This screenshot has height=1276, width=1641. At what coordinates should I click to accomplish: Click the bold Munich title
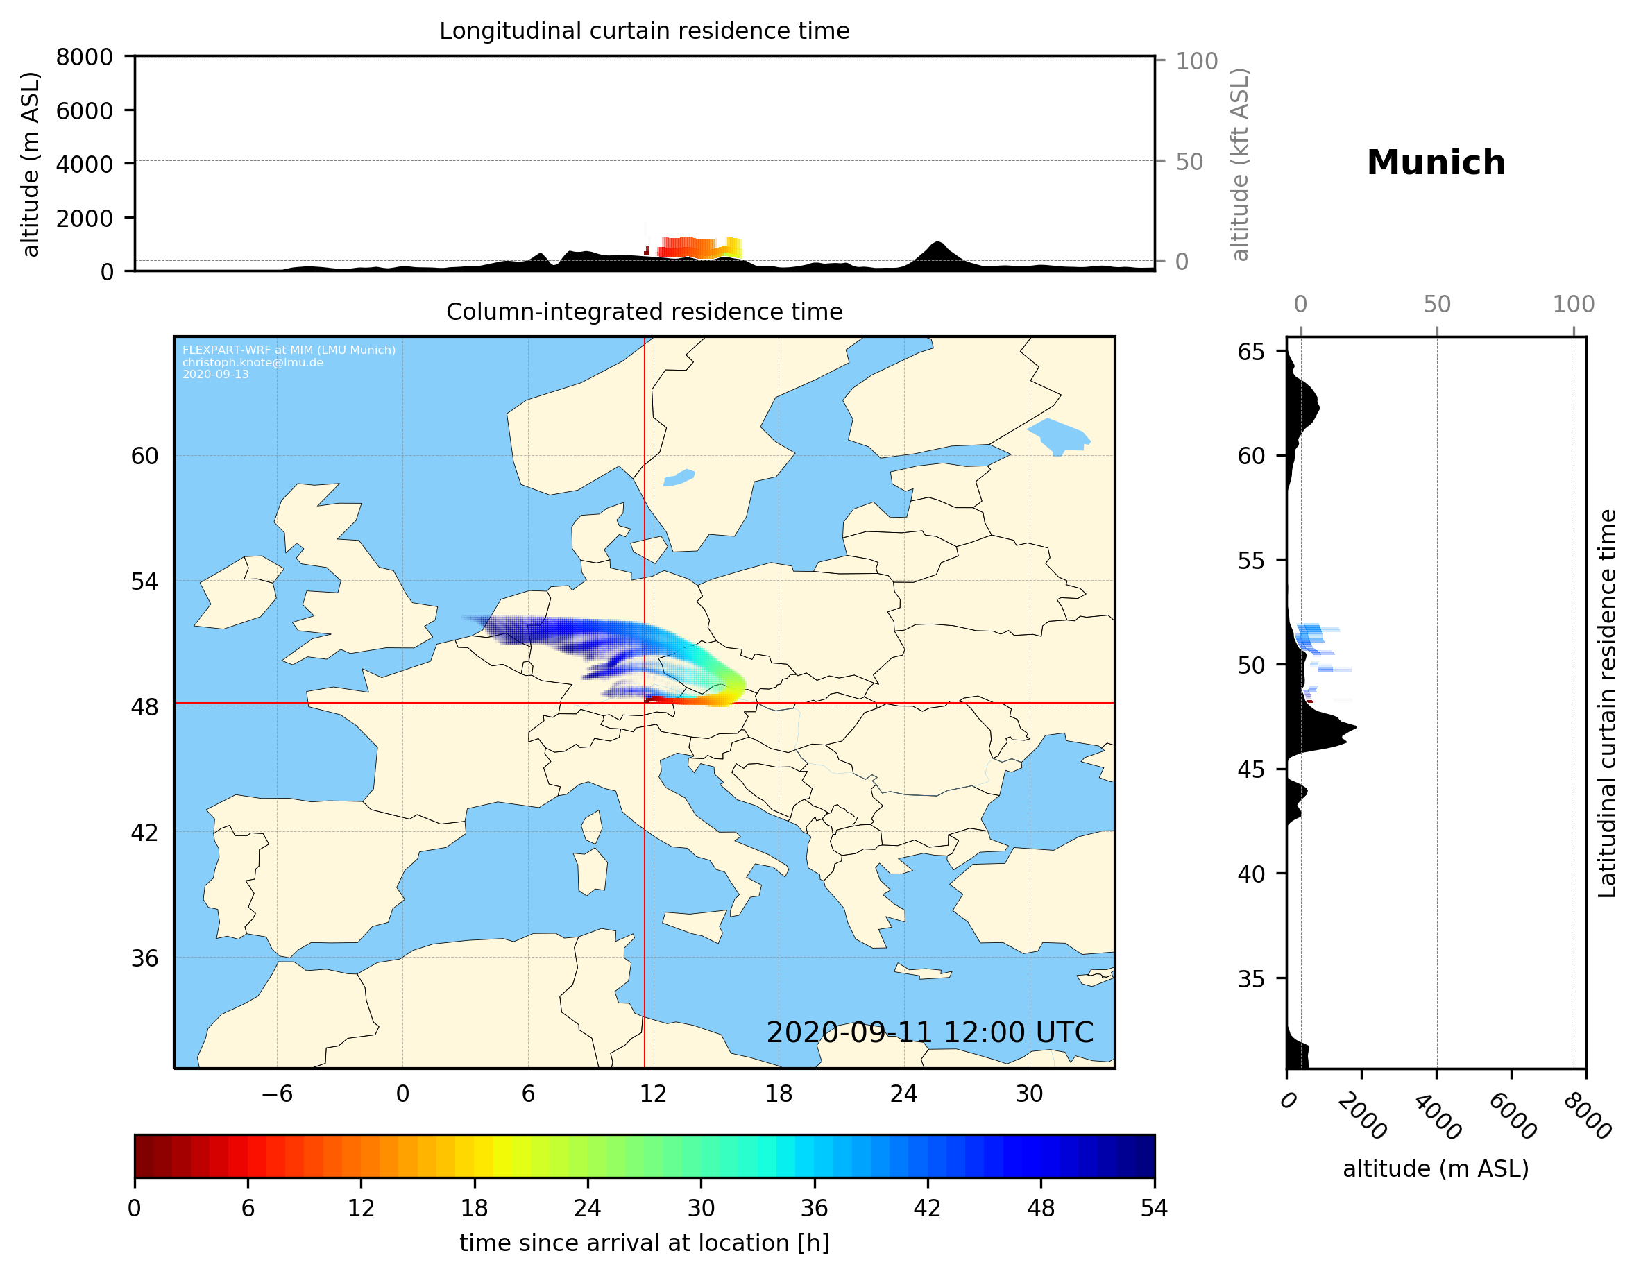pyautogui.click(x=1435, y=163)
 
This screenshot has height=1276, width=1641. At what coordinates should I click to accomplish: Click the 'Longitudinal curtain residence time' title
pyautogui.click(x=644, y=31)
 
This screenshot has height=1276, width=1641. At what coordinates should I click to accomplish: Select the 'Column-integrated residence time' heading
pyautogui.click(x=644, y=312)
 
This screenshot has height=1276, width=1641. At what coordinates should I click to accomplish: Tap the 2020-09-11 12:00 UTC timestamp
pyautogui.click(x=930, y=1032)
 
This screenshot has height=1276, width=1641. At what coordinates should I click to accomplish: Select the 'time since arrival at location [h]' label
pyautogui.click(x=644, y=1243)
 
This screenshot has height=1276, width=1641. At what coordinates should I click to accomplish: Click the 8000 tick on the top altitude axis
pyautogui.click(x=84, y=57)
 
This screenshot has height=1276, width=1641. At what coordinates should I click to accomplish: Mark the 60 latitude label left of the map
pyautogui.click(x=144, y=456)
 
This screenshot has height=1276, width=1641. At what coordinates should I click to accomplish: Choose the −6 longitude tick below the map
pyautogui.click(x=276, y=1094)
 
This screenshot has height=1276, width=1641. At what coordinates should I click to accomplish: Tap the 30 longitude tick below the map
pyautogui.click(x=1028, y=1094)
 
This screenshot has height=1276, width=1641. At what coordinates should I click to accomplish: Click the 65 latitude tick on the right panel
pyautogui.click(x=1251, y=352)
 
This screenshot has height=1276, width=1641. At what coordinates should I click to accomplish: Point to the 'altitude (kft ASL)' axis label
pyautogui.click(x=1240, y=164)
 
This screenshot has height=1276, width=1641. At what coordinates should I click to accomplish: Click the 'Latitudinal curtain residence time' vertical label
pyautogui.click(x=1606, y=703)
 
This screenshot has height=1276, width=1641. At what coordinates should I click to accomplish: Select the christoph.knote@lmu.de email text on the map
pyautogui.click(x=253, y=362)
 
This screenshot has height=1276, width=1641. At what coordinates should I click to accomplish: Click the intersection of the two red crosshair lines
pyautogui.click(x=645, y=704)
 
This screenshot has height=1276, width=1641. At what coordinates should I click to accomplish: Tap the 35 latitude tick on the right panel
pyautogui.click(x=1251, y=978)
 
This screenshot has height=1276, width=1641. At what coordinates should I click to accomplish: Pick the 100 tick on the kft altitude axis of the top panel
pyautogui.click(x=1196, y=61)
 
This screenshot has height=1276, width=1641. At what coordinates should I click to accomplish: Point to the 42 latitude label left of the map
pyautogui.click(x=144, y=833)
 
